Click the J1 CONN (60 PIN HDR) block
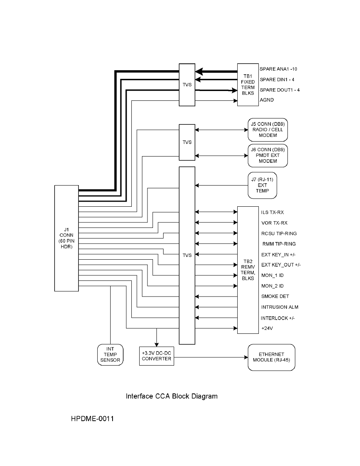click(x=67, y=238)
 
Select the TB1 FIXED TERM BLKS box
click(x=248, y=85)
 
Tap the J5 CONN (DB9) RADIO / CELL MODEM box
click(x=267, y=129)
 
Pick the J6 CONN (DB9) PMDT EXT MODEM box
click(x=267, y=155)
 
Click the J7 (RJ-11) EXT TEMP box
click(x=262, y=185)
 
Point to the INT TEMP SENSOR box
click(x=110, y=355)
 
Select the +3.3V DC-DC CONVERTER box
click(x=156, y=356)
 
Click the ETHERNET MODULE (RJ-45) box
click(x=271, y=357)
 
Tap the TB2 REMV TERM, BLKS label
click(x=248, y=270)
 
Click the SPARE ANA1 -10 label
click(x=278, y=69)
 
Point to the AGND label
click(x=267, y=100)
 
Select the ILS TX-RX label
click(x=273, y=212)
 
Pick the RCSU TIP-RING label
click(x=279, y=233)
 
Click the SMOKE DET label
click(x=275, y=296)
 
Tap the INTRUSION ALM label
click(x=280, y=307)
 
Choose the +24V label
click(x=267, y=328)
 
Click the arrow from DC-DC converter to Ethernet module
click(x=211, y=357)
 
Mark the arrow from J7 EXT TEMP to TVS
click(x=222, y=186)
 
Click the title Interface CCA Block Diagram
click(x=172, y=396)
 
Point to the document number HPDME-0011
click(x=93, y=419)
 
